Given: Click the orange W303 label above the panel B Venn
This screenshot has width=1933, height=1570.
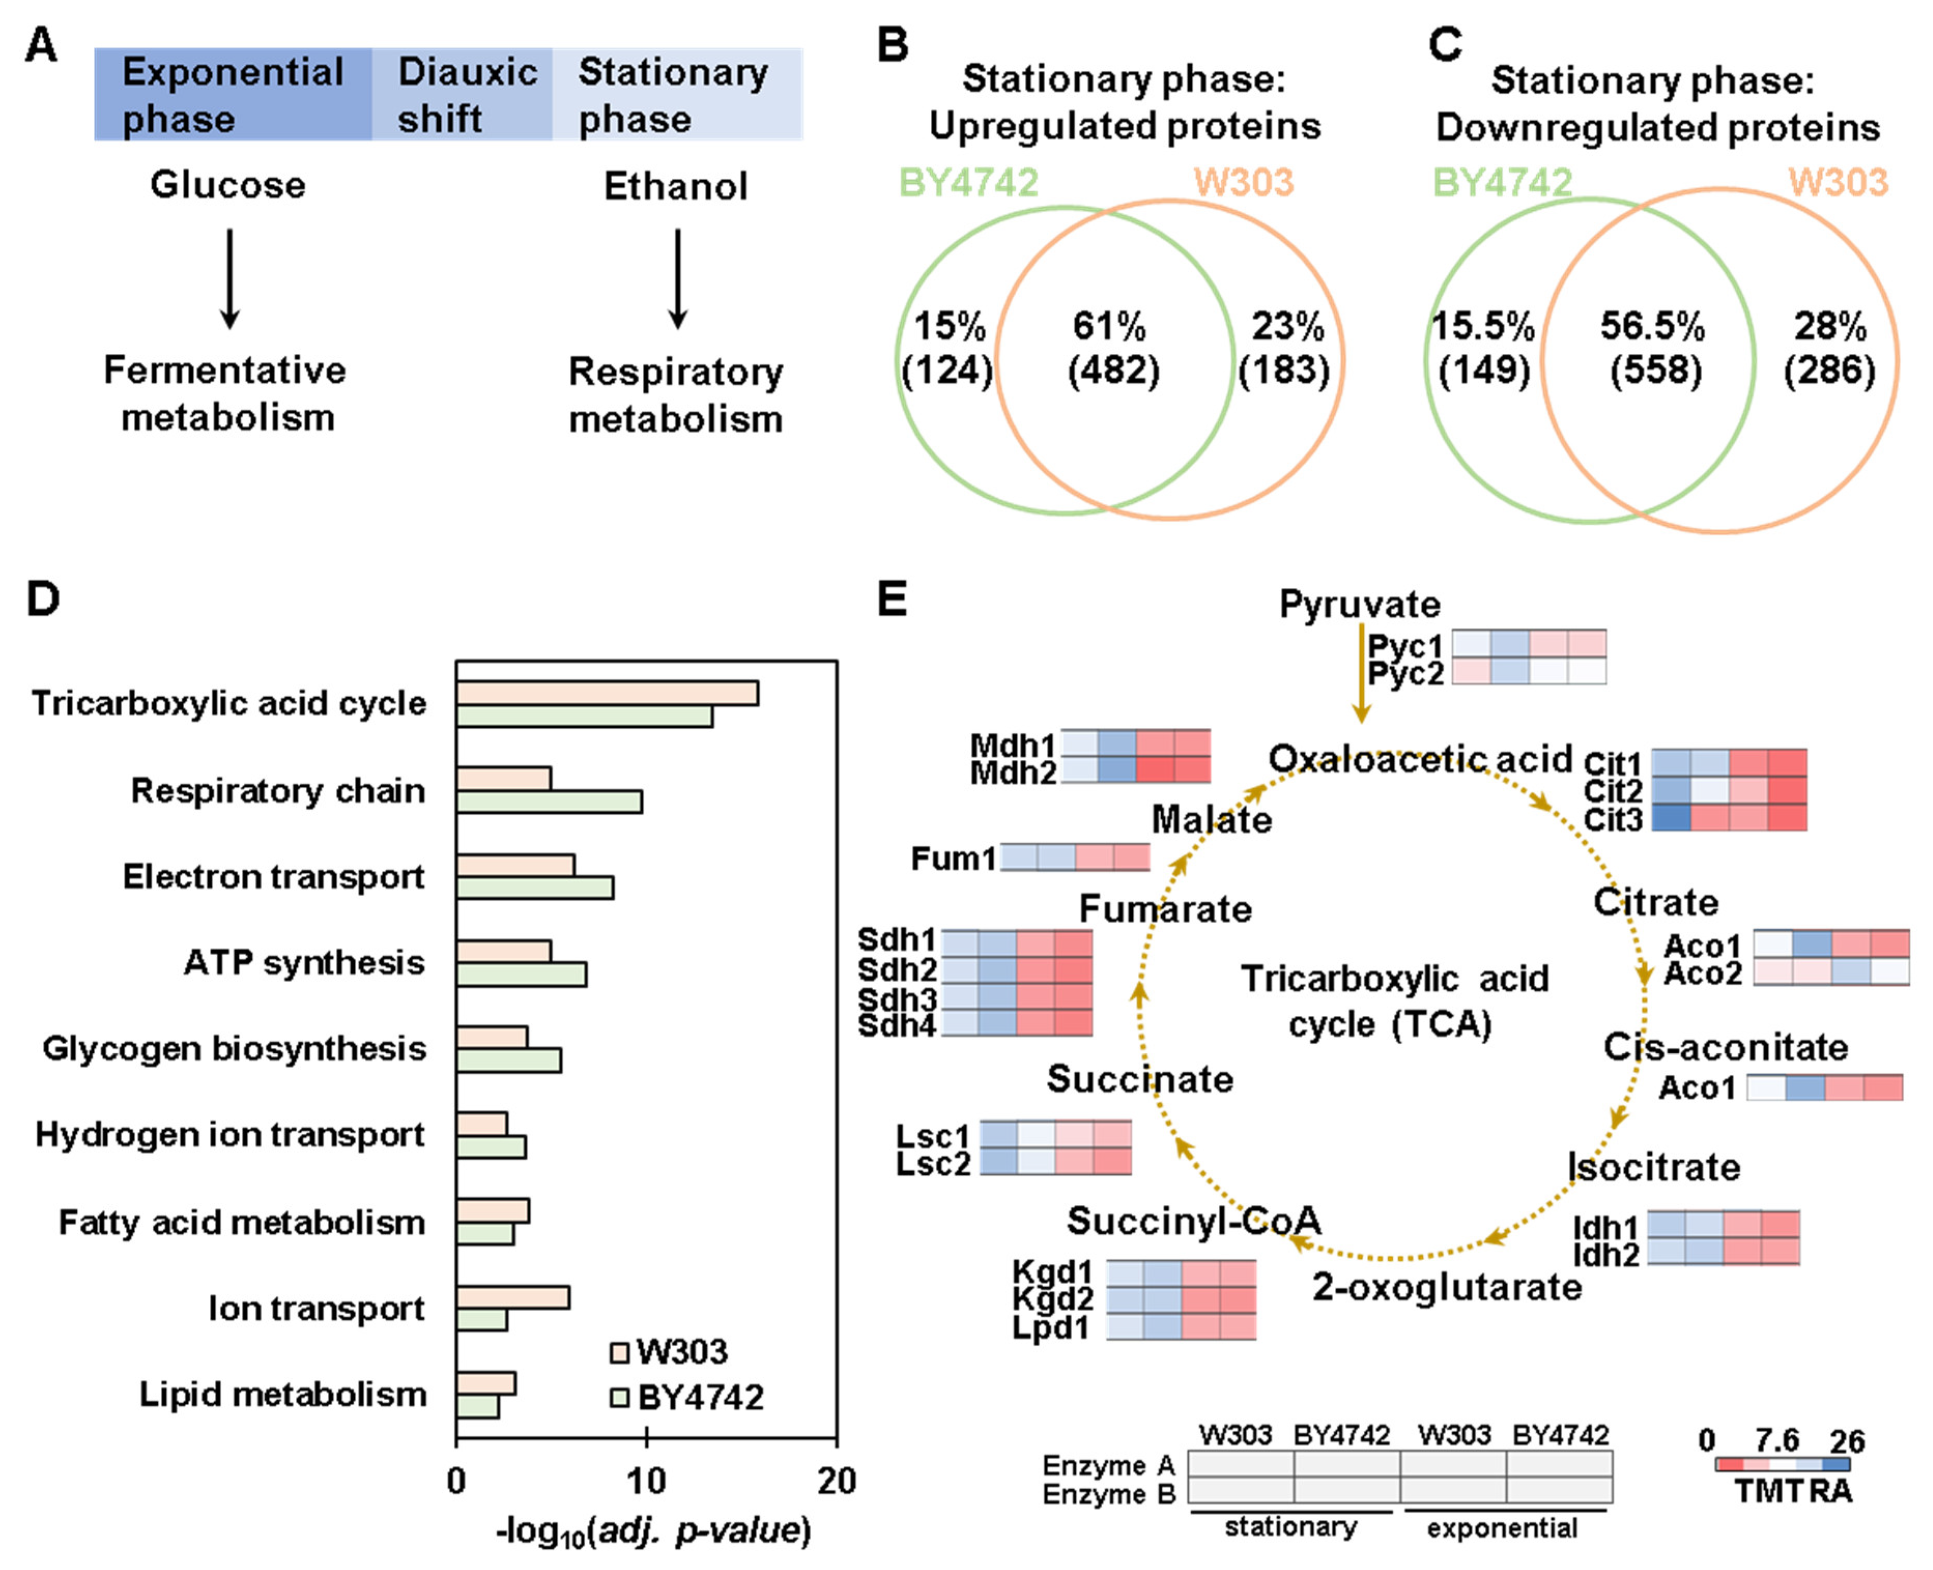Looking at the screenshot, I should [x=1243, y=183].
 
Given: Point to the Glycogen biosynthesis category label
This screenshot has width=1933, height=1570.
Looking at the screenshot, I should [x=234, y=1048].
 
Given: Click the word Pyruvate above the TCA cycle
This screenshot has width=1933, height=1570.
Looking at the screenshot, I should [x=1359, y=604].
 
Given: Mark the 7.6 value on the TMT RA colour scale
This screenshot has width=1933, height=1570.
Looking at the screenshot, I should [x=1777, y=1440].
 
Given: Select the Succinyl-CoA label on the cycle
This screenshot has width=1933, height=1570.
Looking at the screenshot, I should [x=1193, y=1221].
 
